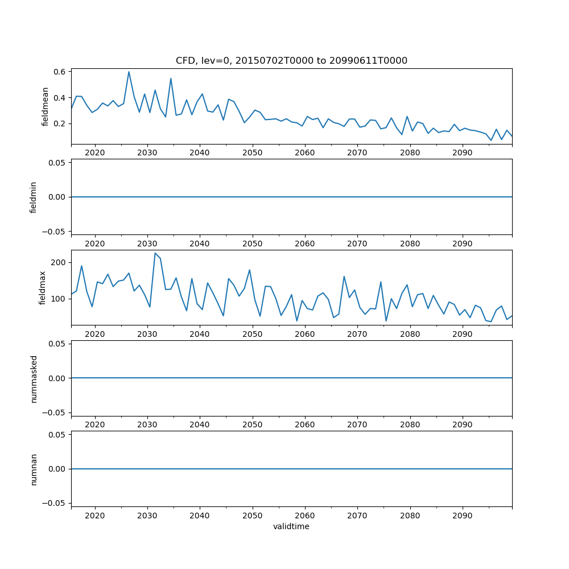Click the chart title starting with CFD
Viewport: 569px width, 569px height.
pyautogui.click(x=291, y=61)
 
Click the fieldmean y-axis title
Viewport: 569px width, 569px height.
pyautogui.click(x=46, y=106)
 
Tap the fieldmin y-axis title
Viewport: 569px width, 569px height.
pyautogui.click(x=34, y=197)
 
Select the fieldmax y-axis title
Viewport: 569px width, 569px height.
pyautogui.click(x=42, y=287)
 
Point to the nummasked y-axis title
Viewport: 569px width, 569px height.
pyautogui.click(x=34, y=378)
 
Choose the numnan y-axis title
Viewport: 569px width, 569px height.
pyautogui.click(x=34, y=469)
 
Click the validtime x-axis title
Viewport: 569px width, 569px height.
pyautogui.click(x=291, y=527)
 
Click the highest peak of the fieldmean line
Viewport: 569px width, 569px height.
pyautogui.click(x=129, y=72)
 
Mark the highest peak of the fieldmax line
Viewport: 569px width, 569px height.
pyautogui.click(x=155, y=253)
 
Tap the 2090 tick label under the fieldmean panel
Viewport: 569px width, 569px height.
pyautogui.click(x=462, y=153)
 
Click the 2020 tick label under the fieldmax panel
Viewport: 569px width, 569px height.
pyautogui.click(x=94, y=335)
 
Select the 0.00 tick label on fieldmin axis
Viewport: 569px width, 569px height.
pyautogui.click(x=58, y=197)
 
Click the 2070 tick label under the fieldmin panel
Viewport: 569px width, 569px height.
pyautogui.click(x=357, y=244)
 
